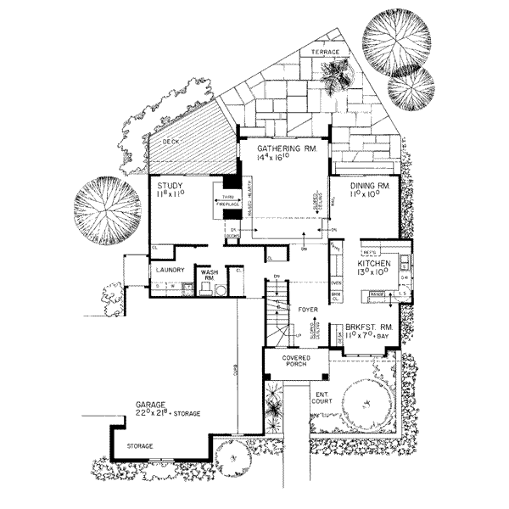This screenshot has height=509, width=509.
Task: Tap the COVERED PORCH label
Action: [x=288, y=363]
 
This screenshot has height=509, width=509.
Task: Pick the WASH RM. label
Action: [x=210, y=275]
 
